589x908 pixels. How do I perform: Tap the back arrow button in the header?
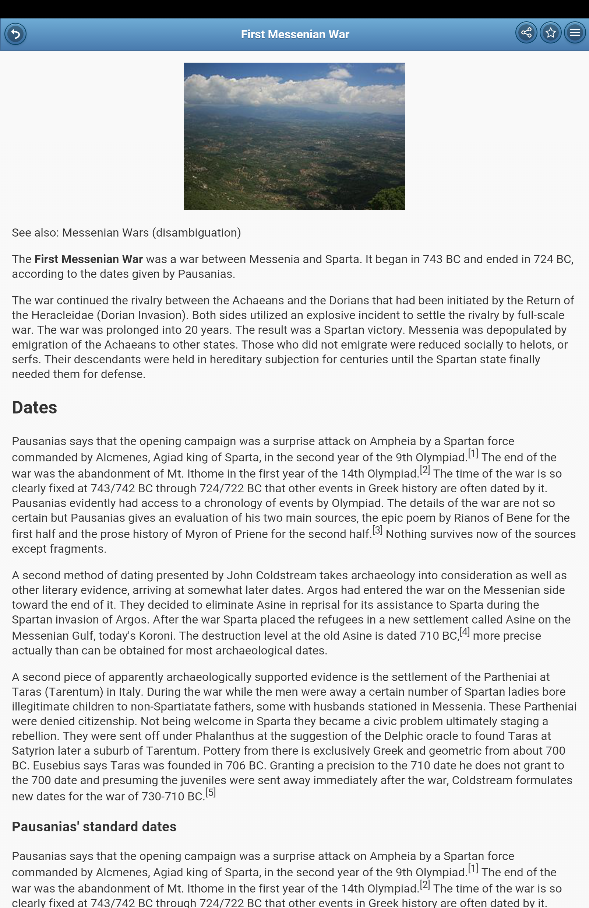pos(15,34)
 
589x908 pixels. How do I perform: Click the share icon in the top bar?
pos(526,33)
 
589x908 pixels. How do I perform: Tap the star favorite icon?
pos(550,33)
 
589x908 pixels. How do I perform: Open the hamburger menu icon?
pos(575,33)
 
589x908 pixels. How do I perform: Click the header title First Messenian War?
pos(295,34)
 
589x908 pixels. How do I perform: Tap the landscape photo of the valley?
pos(294,136)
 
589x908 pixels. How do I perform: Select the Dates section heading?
pos(34,408)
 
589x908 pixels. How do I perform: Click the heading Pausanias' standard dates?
pos(94,827)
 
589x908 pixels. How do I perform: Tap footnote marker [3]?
pos(377,530)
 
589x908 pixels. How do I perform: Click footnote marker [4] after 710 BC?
pos(464,632)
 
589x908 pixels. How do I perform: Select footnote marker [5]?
pos(211,793)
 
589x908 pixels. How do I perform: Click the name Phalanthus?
pos(225,736)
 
